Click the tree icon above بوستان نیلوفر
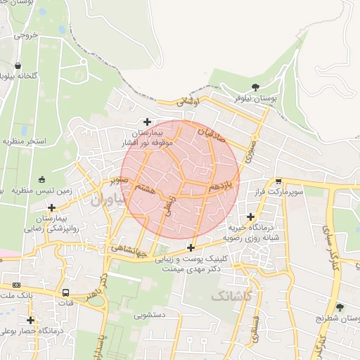(x=255, y=88)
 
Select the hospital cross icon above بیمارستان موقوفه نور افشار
(x=147, y=122)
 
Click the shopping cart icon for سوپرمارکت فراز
(x=278, y=181)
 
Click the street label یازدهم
(x=219, y=186)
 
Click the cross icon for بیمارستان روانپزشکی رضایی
(x=51, y=207)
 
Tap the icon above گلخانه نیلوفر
(x=18, y=65)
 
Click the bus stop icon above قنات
(x=65, y=292)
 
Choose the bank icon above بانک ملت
(x=16, y=285)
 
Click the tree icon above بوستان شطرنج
(x=340, y=307)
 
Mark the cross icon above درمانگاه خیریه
(x=250, y=217)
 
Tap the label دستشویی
(x=149, y=315)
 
